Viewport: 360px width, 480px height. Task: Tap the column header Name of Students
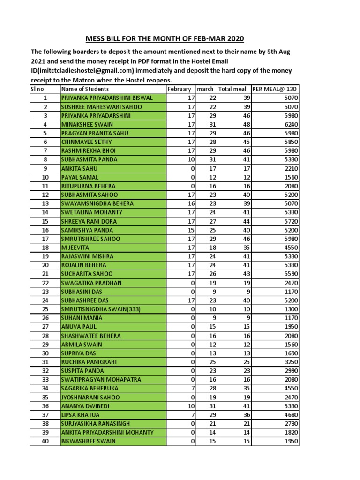(x=85, y=89)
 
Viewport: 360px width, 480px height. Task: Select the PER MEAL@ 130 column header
(x=274, y=89)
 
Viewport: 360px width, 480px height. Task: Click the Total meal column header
(x=232, y=89)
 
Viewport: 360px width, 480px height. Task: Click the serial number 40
(x=45, y=441)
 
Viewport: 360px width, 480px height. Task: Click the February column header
(x=179, y=89)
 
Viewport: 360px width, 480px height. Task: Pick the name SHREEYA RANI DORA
(x=89, y=221)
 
